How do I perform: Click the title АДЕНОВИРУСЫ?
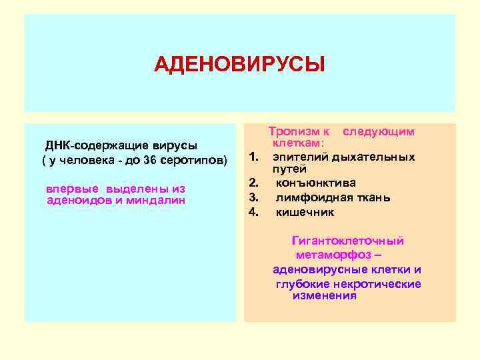[239, 65]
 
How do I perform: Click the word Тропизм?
[291, 132]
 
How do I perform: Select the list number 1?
[253, 157]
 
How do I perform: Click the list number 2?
[253, 183]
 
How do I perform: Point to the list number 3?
[253, 197]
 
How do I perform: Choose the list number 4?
[253, 212]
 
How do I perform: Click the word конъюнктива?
[315, 183]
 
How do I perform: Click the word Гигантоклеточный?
[347, 241]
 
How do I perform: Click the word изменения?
[324, 295]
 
